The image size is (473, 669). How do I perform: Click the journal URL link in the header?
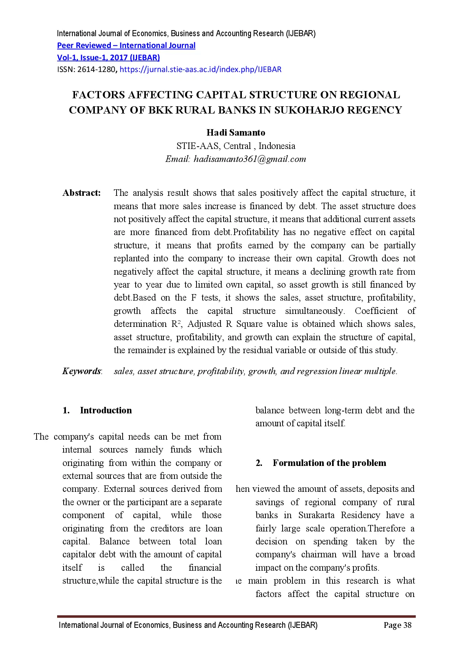point(200,70)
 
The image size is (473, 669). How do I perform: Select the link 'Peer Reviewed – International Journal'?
point(126,46)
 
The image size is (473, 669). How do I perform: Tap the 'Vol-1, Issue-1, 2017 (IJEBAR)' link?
point(108,58)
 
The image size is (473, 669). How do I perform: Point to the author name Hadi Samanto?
point(236,133)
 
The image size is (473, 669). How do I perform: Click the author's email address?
point(249,159)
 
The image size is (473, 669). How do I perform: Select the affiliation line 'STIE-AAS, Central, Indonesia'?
point(236,146)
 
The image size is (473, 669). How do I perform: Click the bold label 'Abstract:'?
point(81,193)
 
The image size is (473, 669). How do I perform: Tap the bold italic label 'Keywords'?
point(81,371)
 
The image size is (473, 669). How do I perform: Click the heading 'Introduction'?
point(106,411)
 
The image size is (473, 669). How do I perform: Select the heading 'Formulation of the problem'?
point(329,463)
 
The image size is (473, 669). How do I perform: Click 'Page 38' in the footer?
point(397,625)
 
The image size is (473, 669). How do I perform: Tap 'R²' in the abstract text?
point(176,324)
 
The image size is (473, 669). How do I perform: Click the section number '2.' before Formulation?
point(259,463)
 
